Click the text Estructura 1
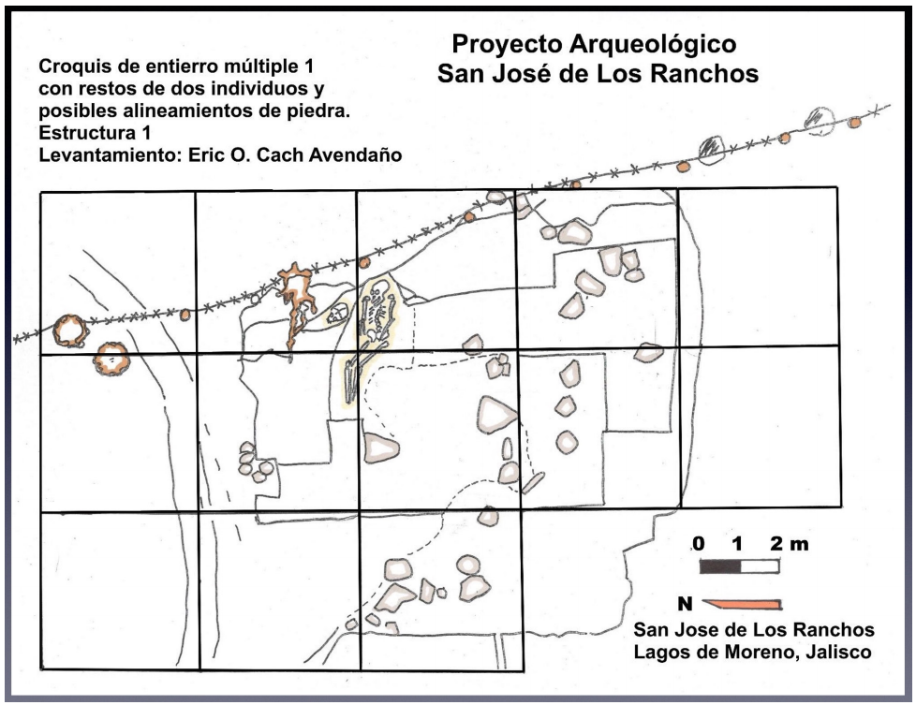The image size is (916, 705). pyautogui.click(x=95, y=133)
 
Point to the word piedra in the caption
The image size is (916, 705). pyautogui.click(x=319, y=111)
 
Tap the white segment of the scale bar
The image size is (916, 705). pyautogui.click(x=760, y=566)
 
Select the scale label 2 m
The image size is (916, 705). pyautogui.click(x=790, y=544)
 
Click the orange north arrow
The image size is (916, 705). pyautogui.click(x=742, y=604)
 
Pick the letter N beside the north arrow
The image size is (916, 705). pyautogui.click(x=685, y=604)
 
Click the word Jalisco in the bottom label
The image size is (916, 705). pyautogui.click(x=838, y=652)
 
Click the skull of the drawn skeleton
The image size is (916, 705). pyautogui.click(x=379, y=289)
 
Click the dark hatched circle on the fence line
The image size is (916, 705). pyautogui.click(x=711, y=150)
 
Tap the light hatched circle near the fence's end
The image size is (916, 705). pyautogui.click(x=819, y=121)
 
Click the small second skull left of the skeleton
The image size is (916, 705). pyautogui.click(x=337, y=315)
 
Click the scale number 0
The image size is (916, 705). pyautogui.click(x=698, y=544)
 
